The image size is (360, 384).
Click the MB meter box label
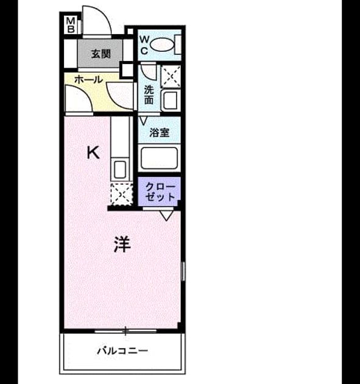pos(71,25)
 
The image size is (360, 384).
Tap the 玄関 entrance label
pos(101,54)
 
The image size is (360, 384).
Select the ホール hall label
pos(88,79)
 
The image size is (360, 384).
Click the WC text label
pos(144,45)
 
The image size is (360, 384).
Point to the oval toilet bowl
pos(162,45)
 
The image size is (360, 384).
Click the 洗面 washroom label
pos(149,94)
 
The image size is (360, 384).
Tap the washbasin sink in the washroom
pos(170,101)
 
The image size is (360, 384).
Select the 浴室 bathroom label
pos(159,133)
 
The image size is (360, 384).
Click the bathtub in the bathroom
pos(159,158)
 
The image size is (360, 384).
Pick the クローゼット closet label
pos(160,192)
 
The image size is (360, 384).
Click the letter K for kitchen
pos(93,152)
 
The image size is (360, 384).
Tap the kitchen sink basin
pos(120,169)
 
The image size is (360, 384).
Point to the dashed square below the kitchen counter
pos(122,194)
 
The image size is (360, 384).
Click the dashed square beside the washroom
pos(171,77)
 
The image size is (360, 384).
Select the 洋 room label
pos(122,244)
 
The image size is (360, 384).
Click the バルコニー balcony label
pos(122,351)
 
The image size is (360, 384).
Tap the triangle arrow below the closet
pos(166,216)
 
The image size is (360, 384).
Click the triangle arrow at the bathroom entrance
pos(143,121)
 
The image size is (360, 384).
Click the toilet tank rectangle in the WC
pos(178,44)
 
